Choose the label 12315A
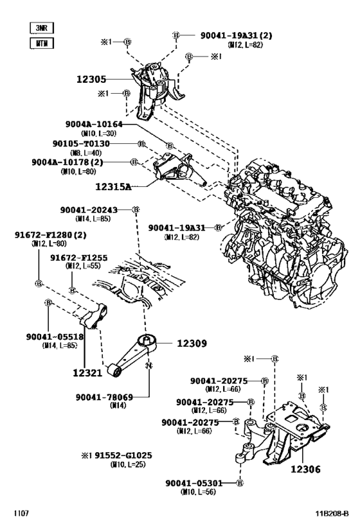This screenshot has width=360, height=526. pyautogui.click(x=113, y=187)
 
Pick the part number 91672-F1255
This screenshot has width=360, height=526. pyautogui.click(x=79, y=258)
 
